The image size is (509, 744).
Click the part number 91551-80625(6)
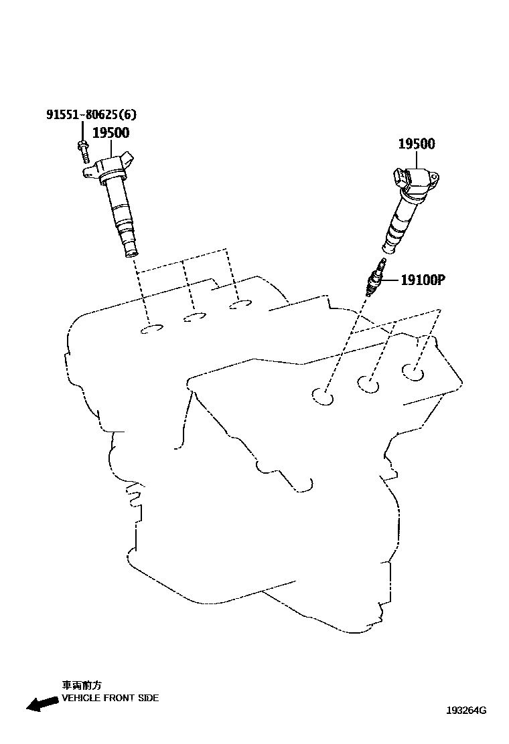tap(86, 114)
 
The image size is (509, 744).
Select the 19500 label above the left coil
tap(111, 132)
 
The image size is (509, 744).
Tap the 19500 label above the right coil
tap(416, 144)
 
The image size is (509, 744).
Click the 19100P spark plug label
tap(423, 280)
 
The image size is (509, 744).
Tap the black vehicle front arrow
tap(40, 703)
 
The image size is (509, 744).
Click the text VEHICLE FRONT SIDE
tap(110, 698)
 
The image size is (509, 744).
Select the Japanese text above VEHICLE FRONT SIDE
tap(82, 685)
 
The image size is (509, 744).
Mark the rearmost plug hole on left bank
tap(239, 305)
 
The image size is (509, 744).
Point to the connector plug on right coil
tap(400, 177)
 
